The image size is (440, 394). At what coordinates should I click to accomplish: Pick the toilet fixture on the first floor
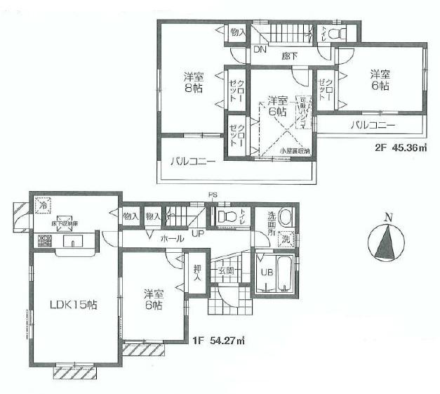coord(225,217)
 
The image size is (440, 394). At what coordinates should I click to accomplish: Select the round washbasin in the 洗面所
coord(285,216)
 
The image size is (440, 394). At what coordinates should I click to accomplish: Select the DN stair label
coord(259,50)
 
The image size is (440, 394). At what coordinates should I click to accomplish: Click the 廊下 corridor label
coord(289,55)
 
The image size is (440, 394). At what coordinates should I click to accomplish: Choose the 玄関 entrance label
coord(226,270)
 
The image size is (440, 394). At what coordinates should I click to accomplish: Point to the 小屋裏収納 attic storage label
coord(295,151)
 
